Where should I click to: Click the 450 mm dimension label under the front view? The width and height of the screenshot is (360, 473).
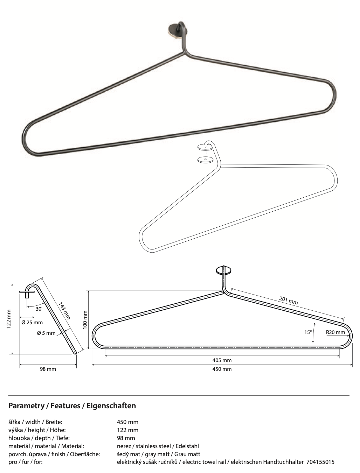[x=222, y=369]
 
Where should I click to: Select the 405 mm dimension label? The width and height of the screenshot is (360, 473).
[x=222, y=360]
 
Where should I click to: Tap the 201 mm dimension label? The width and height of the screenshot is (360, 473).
[x=289, y=301]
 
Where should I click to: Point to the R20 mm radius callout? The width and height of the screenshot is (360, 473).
[x=335, y=332]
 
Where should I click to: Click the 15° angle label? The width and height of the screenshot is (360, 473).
[x=308, y=332]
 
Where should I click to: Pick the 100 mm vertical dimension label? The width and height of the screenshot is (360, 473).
[x=85, y=319]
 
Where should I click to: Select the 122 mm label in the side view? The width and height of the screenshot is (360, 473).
[x=9, y=319]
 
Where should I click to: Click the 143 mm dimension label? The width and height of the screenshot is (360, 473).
[x=64, y=311]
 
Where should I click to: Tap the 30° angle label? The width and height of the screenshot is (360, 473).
[x=40, y=309]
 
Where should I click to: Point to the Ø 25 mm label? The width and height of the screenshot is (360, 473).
[x=32, y=323]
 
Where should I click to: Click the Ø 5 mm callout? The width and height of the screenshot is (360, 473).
[x=46, y=333]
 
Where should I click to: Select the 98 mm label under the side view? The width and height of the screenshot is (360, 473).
[x=48, y=369]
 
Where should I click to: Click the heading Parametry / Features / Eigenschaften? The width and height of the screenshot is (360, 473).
[x=72, y=405]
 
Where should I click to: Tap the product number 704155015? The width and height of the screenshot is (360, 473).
[x=320, y=462]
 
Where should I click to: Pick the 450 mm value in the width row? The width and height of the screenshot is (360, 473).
[x=127, y=422]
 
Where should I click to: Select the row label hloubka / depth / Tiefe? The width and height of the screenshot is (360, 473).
[x=39, y=438]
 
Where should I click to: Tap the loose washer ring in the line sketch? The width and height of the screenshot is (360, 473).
[x=205, y=160]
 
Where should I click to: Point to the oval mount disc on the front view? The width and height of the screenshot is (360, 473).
[x=224, y=270]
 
